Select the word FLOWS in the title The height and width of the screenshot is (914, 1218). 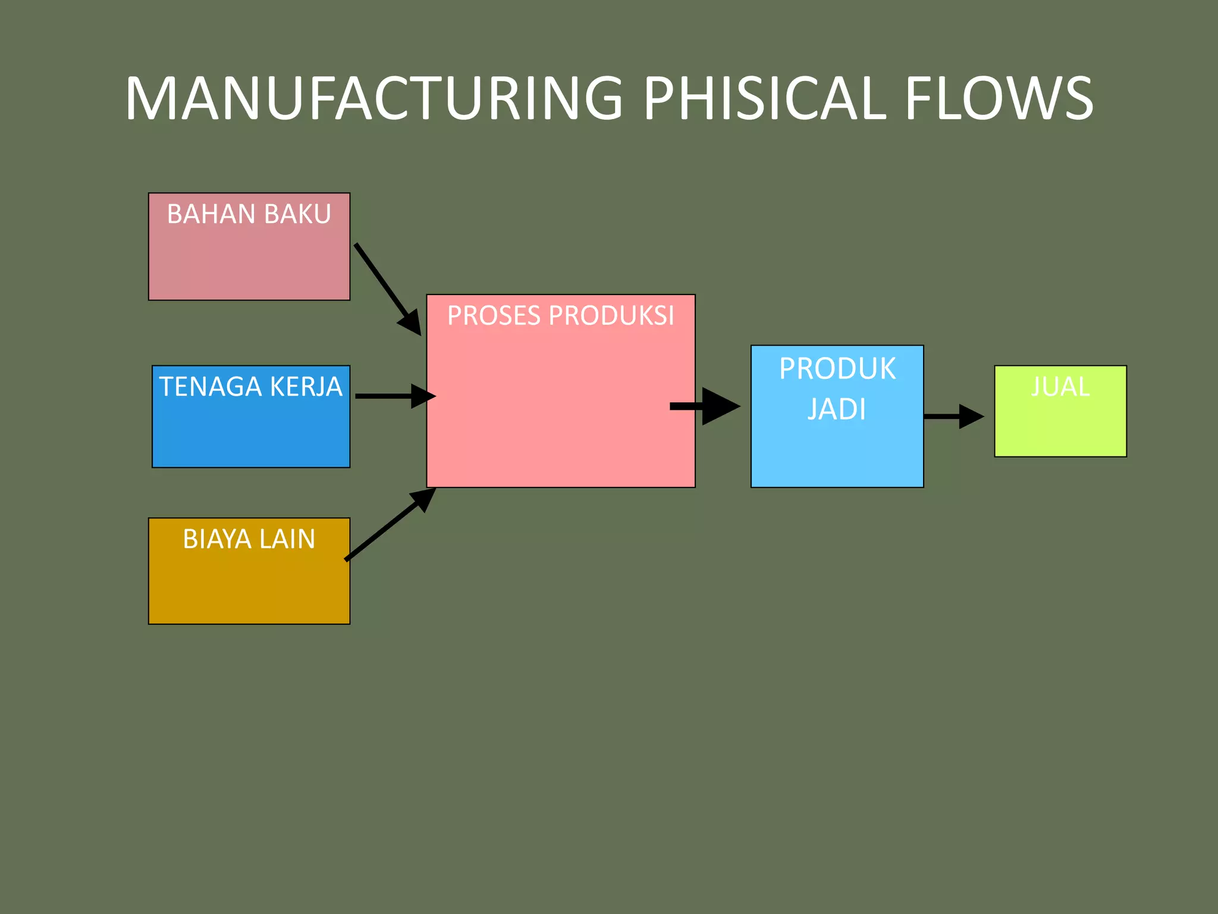click(x=999, y=98)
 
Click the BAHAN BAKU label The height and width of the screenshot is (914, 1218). click(x=249, y=214)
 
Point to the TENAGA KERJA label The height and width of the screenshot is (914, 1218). click(x=250, y=387)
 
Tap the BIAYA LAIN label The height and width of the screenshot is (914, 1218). click(x=249, y=539)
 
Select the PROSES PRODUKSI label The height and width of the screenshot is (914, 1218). click(x=560, y=315)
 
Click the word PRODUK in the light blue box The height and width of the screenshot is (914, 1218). click(x=837, y=369)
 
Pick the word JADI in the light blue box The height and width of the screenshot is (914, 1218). click(x=836, y=409)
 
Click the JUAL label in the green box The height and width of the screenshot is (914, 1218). click(x=1060, y=387)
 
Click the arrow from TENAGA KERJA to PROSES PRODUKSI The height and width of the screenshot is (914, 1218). click(x=393, y=396)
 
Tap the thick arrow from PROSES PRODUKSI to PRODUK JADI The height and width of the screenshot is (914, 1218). click(x=705, y=406)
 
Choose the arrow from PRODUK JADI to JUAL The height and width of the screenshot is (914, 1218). click(x=952, y=417)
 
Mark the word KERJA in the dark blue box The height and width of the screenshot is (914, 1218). click(x=306, y=387)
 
